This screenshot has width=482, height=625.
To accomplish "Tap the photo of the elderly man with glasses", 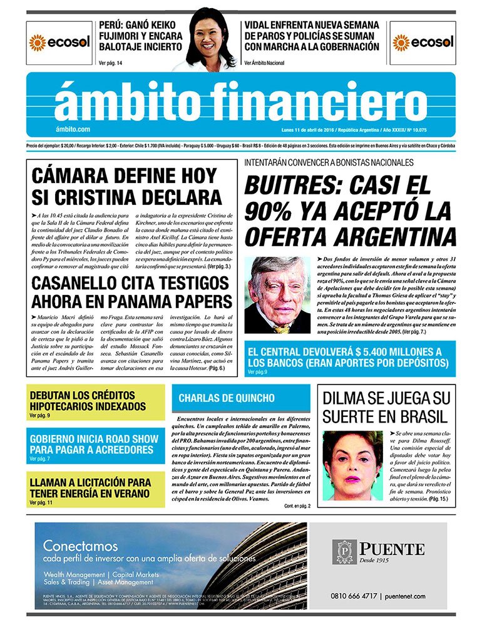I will click(277, 294).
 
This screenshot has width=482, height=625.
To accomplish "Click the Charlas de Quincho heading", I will click(227, 398).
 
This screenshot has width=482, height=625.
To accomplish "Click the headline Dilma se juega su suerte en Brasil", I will click(384, 407).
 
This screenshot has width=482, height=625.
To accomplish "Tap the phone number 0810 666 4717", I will click(354, 596).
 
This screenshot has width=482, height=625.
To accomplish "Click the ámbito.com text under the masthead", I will click(73, 129).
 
